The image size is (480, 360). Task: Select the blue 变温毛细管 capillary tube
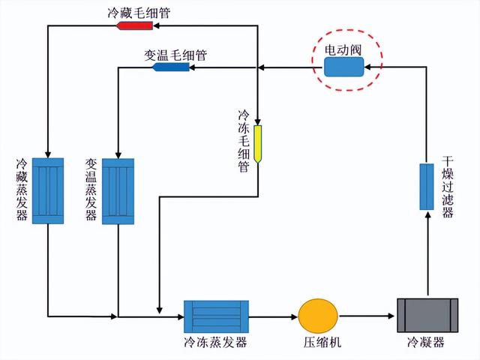172,67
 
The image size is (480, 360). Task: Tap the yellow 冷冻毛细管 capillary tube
258,144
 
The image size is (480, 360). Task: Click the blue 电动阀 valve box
343,67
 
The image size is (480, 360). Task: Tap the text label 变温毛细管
175,55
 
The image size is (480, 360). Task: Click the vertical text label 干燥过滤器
448,187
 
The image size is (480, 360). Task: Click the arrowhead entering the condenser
392,316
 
